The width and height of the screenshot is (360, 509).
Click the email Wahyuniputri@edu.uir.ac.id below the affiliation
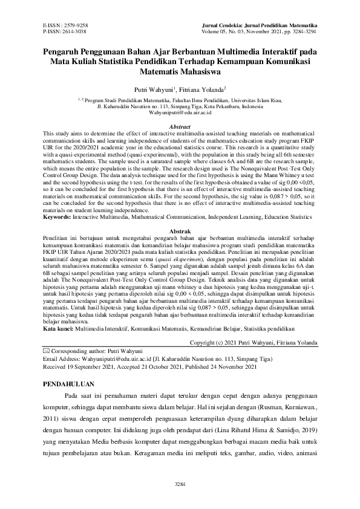coord(180,112)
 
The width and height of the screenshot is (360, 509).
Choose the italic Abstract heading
coord(180,126)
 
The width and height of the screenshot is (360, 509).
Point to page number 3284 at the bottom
coord(180,484)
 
